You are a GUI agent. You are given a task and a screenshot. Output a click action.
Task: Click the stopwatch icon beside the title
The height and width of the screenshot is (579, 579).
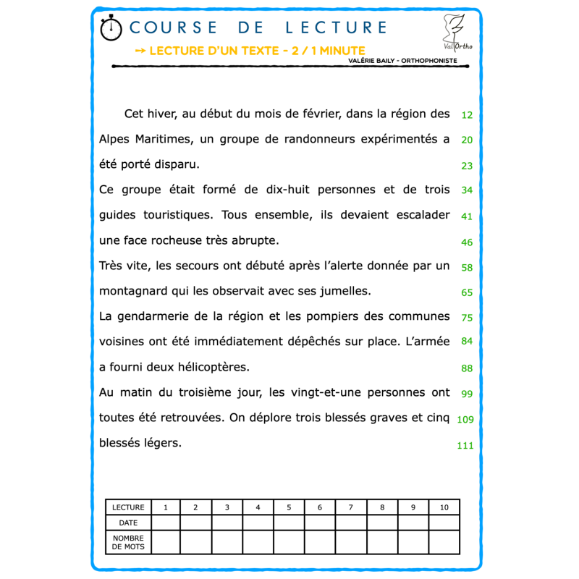[111, 28]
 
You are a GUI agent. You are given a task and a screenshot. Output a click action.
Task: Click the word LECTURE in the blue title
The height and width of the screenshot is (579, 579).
[336, 28]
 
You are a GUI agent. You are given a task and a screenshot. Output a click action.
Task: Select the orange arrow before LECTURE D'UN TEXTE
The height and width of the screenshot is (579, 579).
[140, 51]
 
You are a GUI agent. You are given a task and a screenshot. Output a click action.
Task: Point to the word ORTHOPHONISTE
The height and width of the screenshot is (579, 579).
[429, 61]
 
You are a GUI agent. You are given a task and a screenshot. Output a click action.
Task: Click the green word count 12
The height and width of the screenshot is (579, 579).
[467, 115]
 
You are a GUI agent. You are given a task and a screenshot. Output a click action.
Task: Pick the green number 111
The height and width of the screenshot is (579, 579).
[465, 446]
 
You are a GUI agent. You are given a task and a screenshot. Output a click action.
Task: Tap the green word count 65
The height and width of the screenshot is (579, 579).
[467, 292]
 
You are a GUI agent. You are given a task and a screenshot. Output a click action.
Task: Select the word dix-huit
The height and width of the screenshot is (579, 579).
[287, 190]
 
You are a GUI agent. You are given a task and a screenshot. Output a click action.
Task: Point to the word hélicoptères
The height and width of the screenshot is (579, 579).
[214, 367]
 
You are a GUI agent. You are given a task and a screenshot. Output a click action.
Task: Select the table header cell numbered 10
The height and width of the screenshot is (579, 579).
[444, 507]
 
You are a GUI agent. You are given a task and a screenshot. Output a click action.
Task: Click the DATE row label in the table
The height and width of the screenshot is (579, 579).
[128, 523]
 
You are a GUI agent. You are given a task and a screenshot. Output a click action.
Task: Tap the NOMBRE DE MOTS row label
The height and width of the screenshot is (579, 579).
[128, 542]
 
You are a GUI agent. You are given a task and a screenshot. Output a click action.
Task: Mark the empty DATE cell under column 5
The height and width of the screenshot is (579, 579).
[289, 523]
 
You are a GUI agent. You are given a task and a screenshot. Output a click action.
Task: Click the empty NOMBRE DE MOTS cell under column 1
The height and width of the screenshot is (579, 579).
[166, 542]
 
